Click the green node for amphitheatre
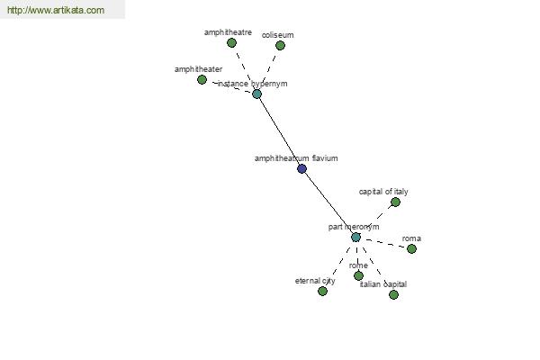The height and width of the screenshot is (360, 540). tap(232, 42)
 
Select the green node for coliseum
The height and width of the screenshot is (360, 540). tap(280, 45)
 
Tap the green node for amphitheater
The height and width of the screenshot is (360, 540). tap(202, 79)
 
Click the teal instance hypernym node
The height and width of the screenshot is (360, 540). tap(256, 94)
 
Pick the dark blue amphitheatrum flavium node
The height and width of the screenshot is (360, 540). tap(302, 168)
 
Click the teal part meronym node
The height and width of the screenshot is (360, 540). tap(356, 237)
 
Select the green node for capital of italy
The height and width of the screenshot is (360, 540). tap(396, 202)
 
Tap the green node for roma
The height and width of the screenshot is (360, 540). tap(412, 248)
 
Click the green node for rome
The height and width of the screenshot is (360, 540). tap(358, 275)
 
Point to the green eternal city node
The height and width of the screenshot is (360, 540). tap(323, 291)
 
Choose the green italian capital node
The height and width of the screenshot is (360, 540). tap(393, 294)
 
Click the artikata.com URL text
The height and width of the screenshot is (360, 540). tap(56, 10)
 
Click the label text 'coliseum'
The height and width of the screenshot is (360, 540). tap(277, 35)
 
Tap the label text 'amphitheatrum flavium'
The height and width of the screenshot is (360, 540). tap(296, 158)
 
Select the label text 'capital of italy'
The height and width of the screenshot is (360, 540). tap(383, 192)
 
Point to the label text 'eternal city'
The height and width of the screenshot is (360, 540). tap(315, 281)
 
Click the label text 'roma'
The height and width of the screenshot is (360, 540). tap(411, 238)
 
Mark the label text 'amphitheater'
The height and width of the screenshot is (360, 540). tap(198, 69)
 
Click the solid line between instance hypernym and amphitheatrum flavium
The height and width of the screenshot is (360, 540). tap(279, 131)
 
